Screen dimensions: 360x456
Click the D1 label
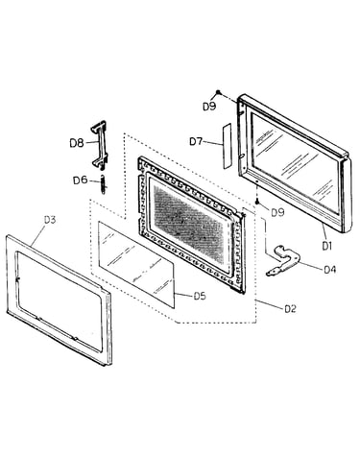click(x=326, y=246)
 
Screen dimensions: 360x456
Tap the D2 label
click(x=290, y=309)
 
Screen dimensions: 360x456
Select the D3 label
click(x=50, y=220)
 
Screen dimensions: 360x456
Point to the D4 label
click(x=329, y=270)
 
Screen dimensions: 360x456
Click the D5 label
click(x=200, y=296)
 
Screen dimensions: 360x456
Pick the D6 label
click(x=81, y=180)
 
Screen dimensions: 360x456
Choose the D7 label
click(x=196, y=141)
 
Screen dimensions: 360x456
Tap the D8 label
click(x=77, y=143)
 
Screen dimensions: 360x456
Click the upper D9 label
click(x=209, y=107)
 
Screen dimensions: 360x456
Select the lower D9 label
click(x=277, y=212)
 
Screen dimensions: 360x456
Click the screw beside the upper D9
click(x=218, y=92)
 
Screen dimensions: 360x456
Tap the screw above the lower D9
click(x=257, y=202)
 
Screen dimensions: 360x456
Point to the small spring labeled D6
click(x=103, y=184)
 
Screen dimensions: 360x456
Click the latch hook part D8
click(x=99, y=146)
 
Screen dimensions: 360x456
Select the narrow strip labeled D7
click(x=227, y=146)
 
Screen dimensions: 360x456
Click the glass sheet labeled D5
click(x=136, y=265)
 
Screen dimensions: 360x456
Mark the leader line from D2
click(x=270, y=304)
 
